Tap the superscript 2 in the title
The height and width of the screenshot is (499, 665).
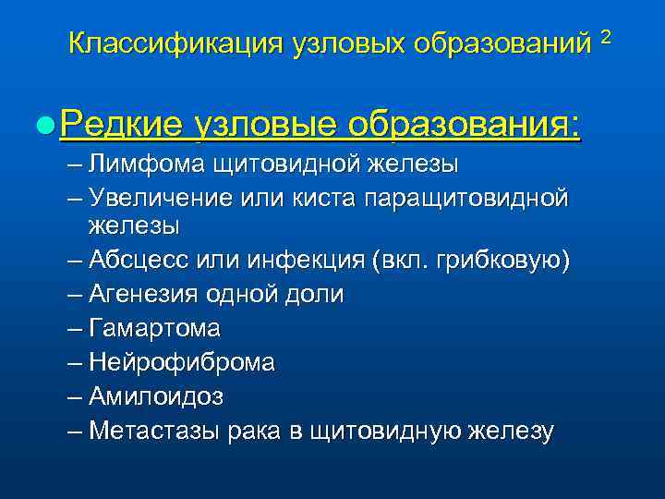point(606,36)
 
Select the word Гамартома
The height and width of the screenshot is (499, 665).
point(154,328)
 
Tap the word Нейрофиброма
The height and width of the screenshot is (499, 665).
point(181,362)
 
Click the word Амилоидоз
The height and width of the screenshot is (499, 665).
point(155,396)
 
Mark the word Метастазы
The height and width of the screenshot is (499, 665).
point(151,431)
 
